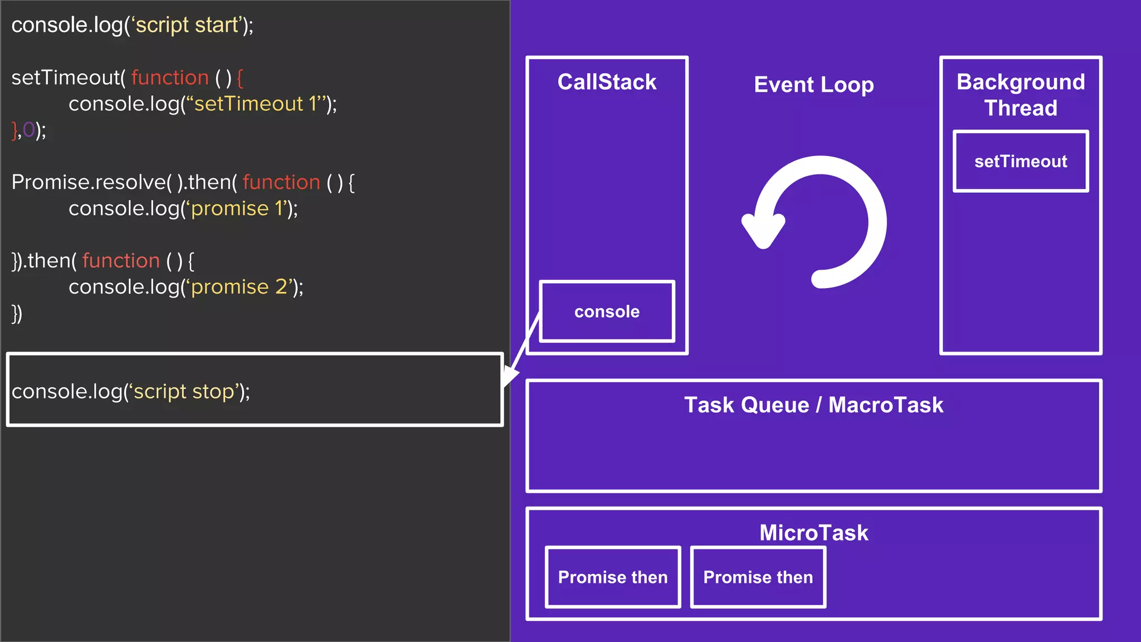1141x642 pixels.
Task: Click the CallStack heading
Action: click(607, 82)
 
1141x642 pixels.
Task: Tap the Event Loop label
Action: click(813, 85)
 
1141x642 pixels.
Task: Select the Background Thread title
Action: click(1021, 95)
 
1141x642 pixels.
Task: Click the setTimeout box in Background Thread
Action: click(1021, 162)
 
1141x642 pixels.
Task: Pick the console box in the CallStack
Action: click(607, 312)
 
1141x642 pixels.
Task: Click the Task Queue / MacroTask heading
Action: click(813, 405)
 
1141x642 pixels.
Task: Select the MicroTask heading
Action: click(813, 533)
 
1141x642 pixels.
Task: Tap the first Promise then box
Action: click(613, 577)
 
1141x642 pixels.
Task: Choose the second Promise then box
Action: click(758, 577)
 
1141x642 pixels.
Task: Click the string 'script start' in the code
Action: click(187, 26)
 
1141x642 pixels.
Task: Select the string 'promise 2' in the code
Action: click(240, 287)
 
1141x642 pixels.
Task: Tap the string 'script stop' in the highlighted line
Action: click(184, 392)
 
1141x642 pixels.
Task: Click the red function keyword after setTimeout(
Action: click(170, 78)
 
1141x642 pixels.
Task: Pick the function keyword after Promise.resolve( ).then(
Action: click(281, 183)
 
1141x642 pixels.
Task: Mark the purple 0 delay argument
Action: click(28, 130)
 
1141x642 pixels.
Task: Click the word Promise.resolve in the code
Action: click(89, 183)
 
